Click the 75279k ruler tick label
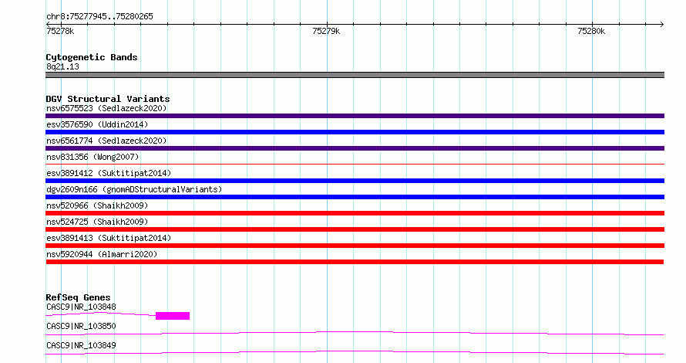326,31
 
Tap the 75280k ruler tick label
591,31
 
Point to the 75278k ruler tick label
60,31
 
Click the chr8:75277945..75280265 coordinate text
99,17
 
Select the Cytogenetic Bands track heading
92,57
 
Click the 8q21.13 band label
62,66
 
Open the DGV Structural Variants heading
108,99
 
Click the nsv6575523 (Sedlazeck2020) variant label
106,108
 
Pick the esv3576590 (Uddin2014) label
97,124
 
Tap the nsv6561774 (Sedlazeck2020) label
106,141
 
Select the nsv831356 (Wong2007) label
92,157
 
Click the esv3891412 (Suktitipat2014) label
109,173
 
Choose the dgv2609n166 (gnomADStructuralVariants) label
134,189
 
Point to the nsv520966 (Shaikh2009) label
97,205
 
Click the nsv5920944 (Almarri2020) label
102,254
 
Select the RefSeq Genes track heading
78,297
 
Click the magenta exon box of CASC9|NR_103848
173,316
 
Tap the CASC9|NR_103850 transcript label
81,326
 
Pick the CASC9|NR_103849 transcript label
81,345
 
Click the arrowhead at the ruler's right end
662,24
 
